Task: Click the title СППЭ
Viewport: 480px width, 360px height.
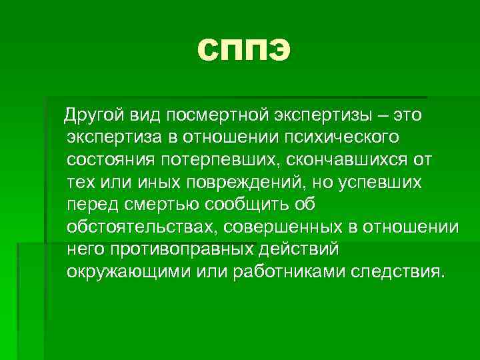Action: pos(245,50)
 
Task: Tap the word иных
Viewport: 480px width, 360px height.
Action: pos(150,183)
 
